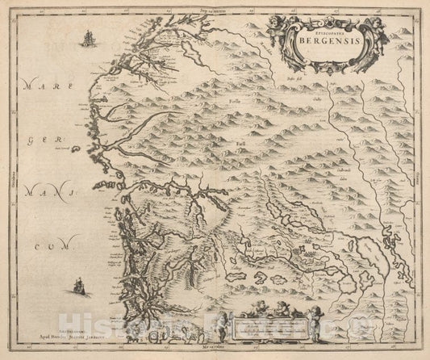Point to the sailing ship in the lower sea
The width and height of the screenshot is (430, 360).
coord(77,283)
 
